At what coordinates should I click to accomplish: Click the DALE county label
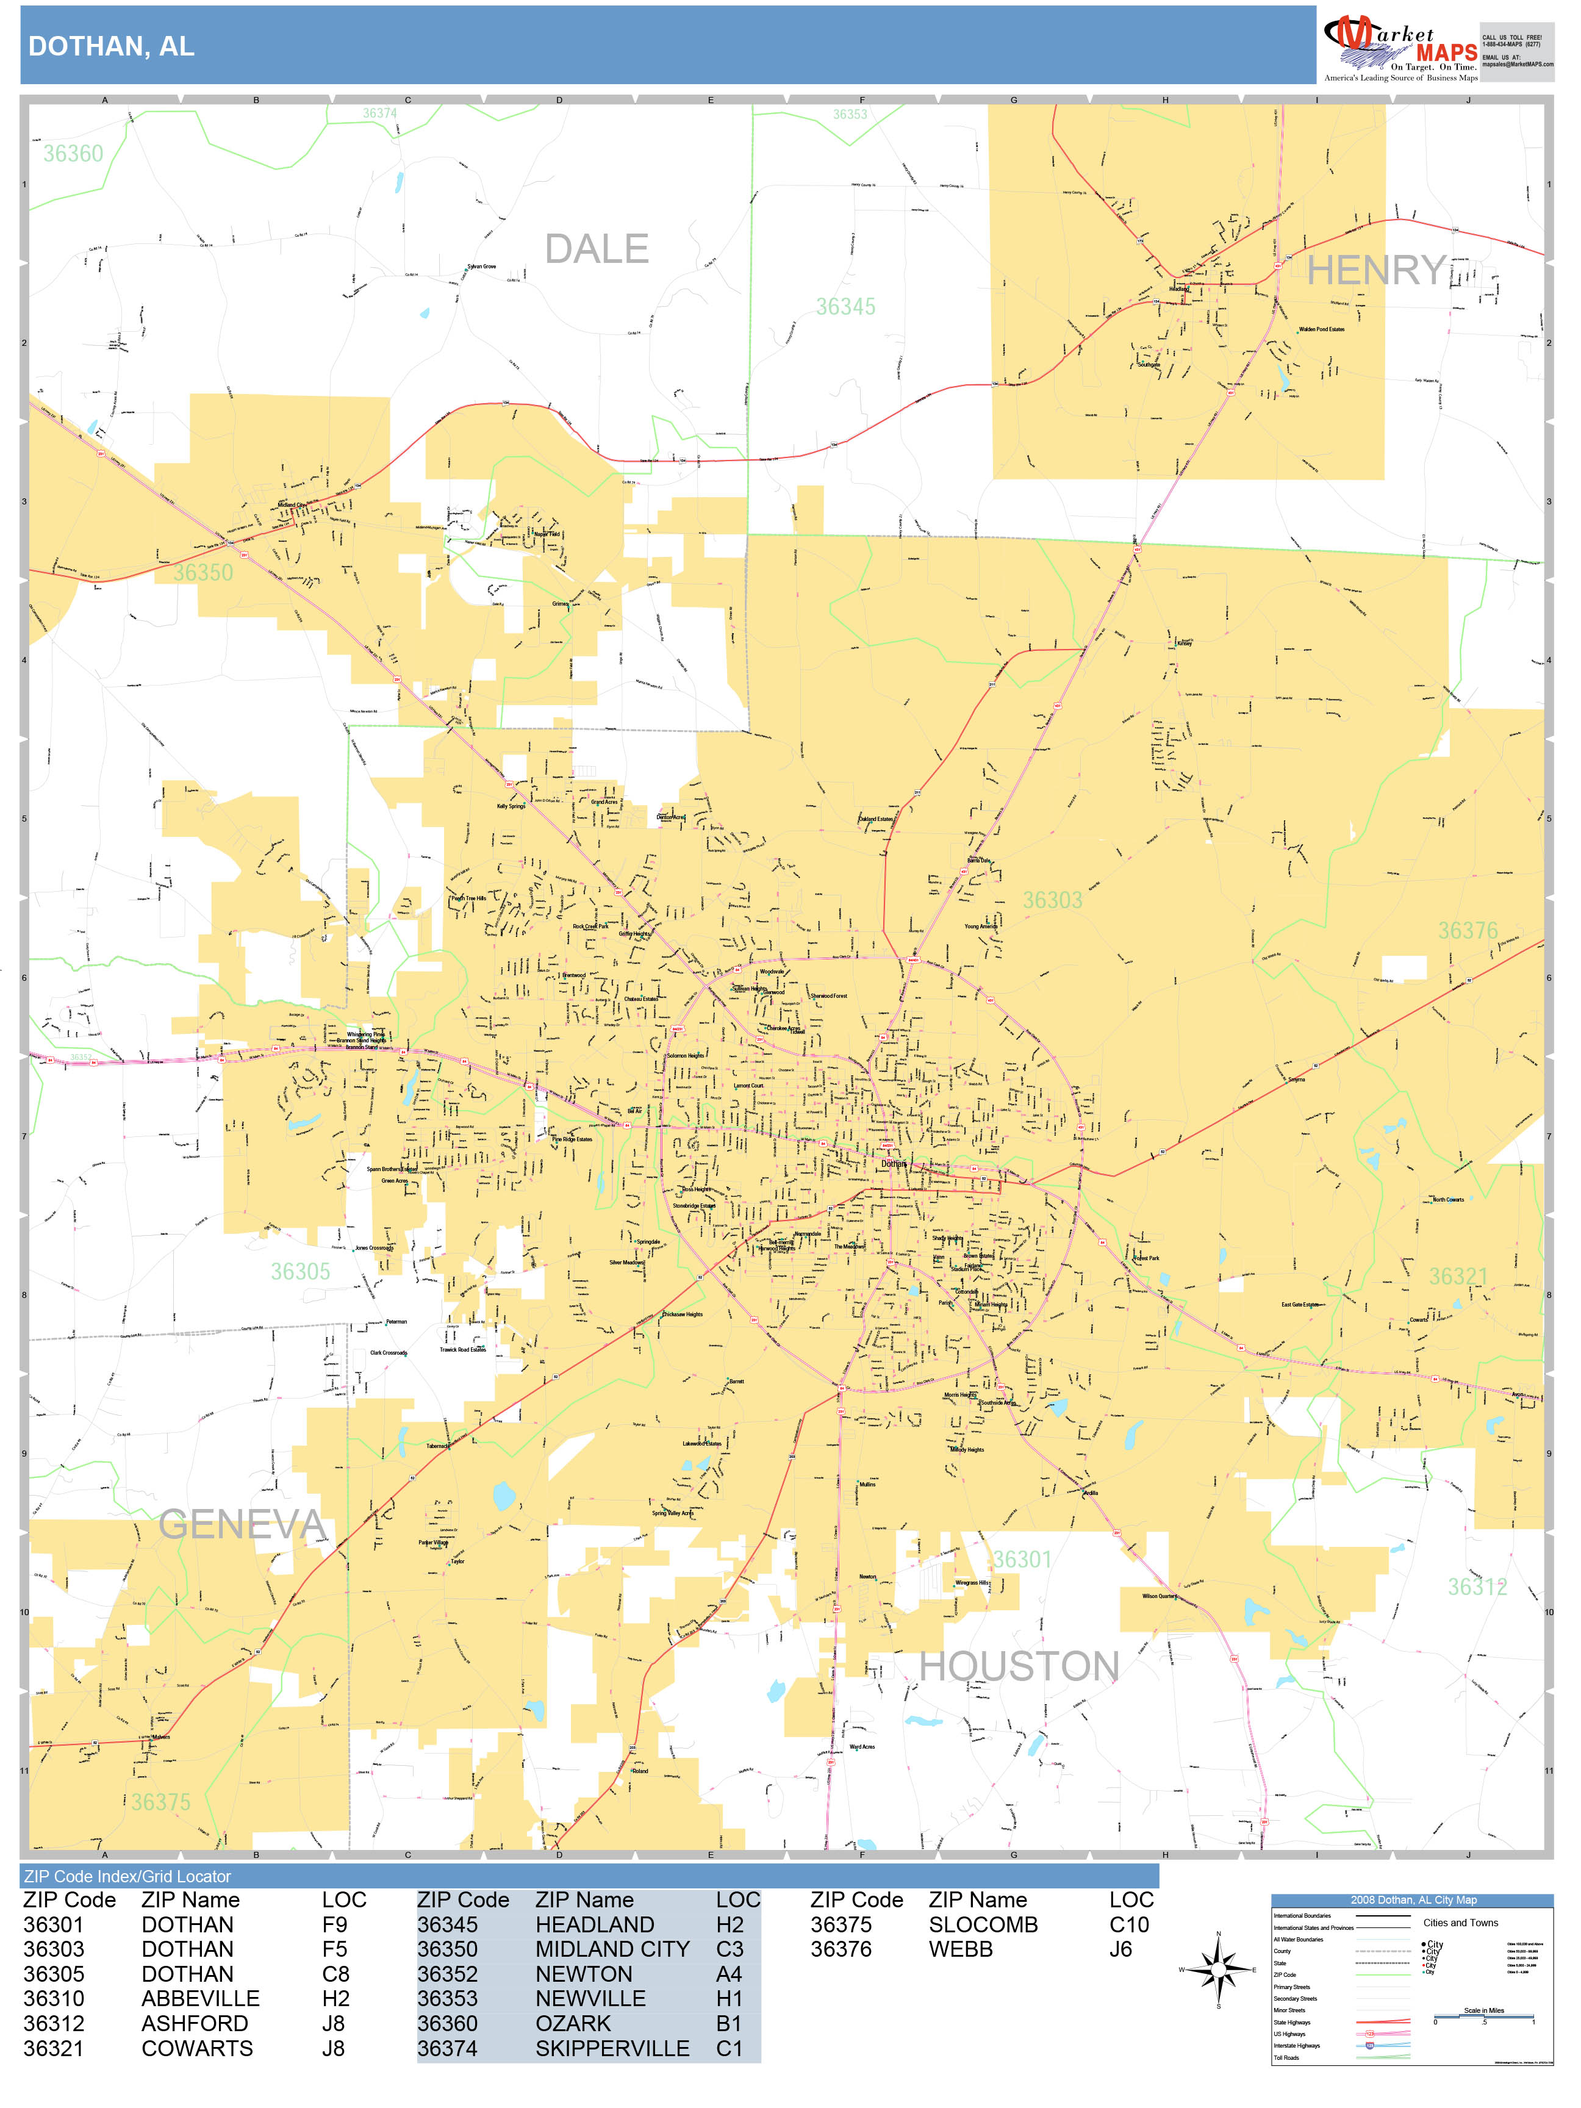point(597,249)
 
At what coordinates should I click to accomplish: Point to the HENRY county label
point(1376,271)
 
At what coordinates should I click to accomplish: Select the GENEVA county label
point(242,1525)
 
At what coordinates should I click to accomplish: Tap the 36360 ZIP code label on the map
point(73,154)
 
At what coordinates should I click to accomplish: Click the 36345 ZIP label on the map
point(845,307)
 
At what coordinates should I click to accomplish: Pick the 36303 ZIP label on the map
point(1052,900)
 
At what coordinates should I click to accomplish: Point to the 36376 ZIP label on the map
point(1468,931)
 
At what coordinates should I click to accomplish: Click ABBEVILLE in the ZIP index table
point(200,1998)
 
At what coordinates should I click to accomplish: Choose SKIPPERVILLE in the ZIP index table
point(612,2048)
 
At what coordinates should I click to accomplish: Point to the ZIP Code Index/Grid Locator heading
point(127,1876)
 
